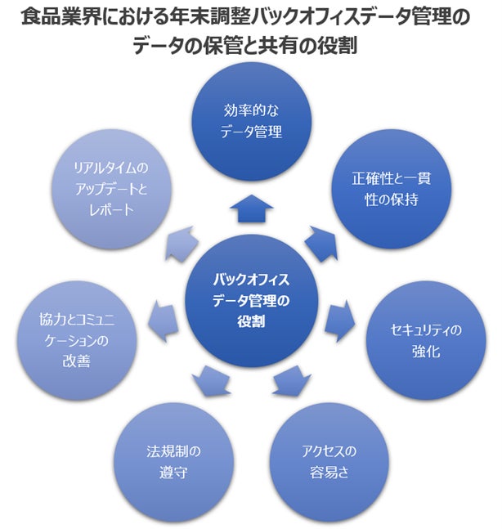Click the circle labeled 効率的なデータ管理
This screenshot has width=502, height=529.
(251, 120)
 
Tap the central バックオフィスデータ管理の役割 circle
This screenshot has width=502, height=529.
(251, 299)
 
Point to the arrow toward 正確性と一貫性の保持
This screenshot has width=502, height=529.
(317, 240)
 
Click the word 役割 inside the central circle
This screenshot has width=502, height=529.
(251, 320)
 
